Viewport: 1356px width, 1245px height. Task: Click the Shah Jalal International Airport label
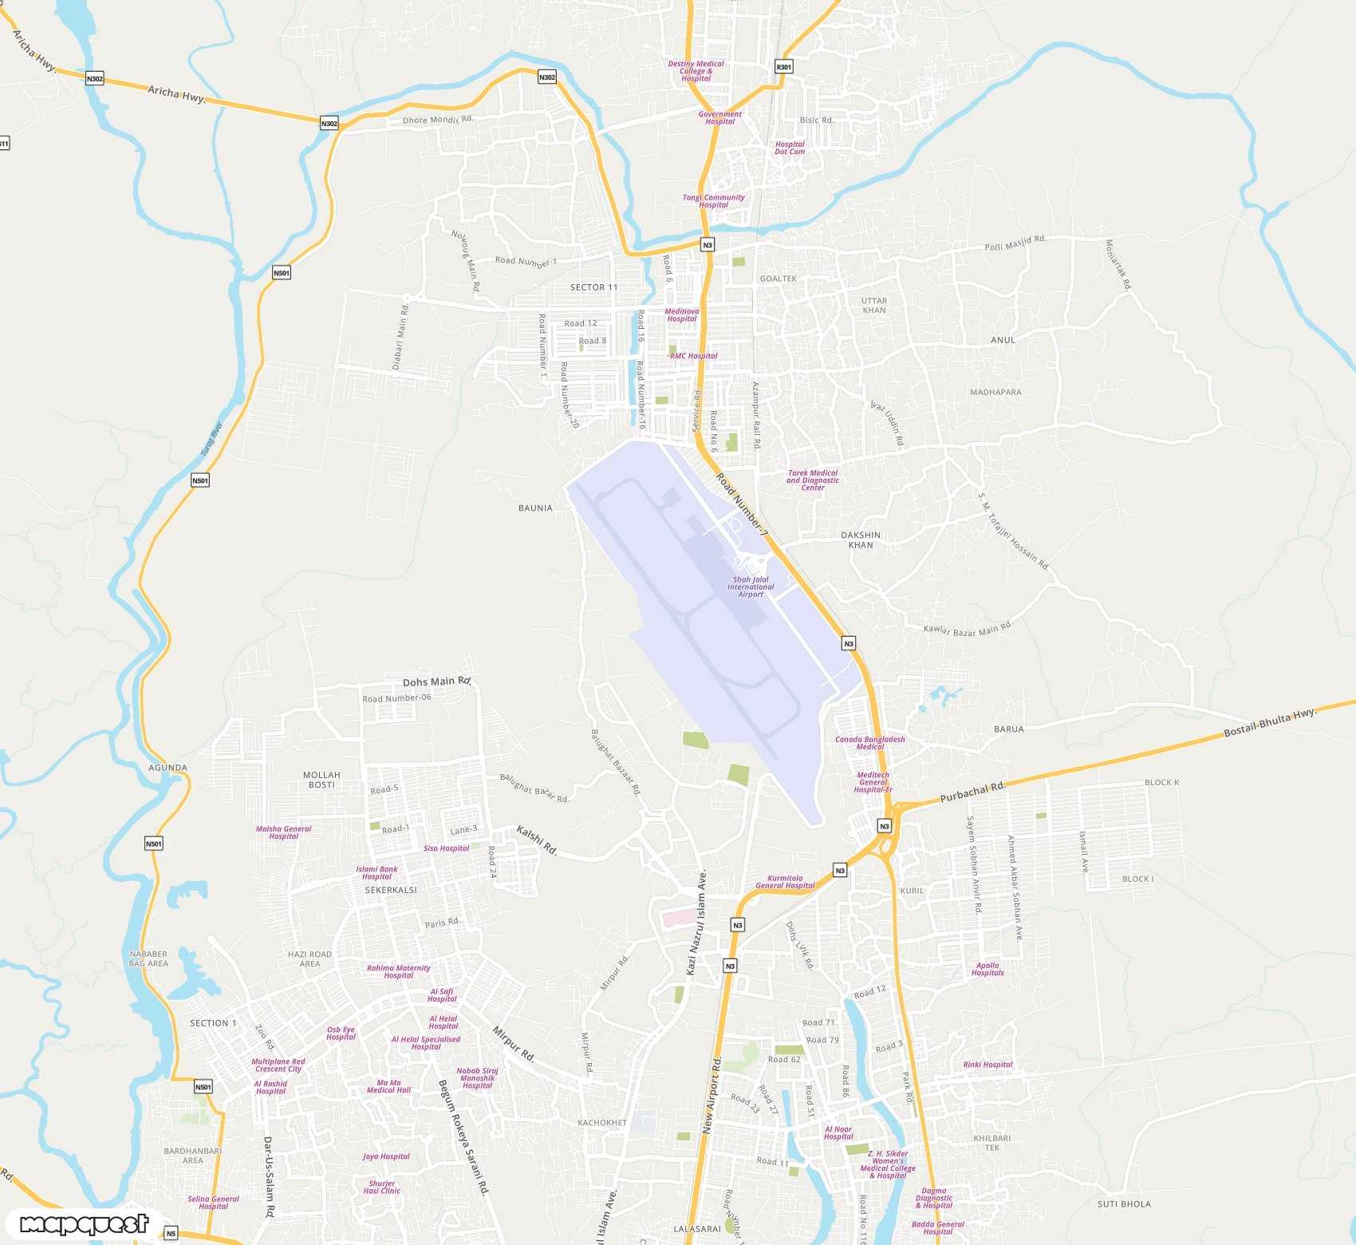click(750, 587)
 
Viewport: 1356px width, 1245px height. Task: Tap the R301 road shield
click(783, 67)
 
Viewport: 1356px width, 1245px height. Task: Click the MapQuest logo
click(85, 1224)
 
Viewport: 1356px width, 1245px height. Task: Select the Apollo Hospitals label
click(987, 969)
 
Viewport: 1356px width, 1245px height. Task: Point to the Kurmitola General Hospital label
click(785, 882)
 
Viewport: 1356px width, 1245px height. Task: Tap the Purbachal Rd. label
click(972, 792)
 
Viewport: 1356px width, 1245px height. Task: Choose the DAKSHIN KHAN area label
click(861, 540)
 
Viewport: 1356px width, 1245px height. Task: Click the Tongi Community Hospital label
click(713, 201)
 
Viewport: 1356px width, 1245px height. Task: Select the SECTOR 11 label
click(593, 287)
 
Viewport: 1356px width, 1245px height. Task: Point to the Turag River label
click(211, 440)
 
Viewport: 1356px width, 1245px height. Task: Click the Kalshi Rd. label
click(537, 840)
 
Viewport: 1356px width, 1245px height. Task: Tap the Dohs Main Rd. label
click(437, 682)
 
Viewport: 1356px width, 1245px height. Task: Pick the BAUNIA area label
click(535, 508)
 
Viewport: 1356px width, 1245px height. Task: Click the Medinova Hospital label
click(682, 315)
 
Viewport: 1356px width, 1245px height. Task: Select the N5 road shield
click(171, 1234)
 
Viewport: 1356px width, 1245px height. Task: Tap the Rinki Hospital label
click(987, 1065)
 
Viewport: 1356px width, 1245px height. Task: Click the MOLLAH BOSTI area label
click(321, 780)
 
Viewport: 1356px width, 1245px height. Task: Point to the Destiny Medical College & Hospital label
click(696, 71)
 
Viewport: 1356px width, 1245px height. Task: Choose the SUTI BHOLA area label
click(1124, 1204)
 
